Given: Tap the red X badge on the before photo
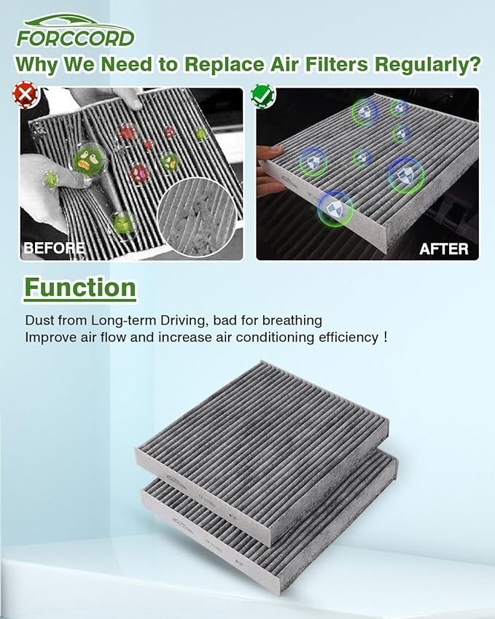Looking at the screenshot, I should click(x=26, y=94).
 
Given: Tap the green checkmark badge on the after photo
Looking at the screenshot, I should click(x=260, y=94).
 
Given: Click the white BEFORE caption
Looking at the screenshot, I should click(x=53, y=248).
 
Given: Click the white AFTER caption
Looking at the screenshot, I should click(x=443, y=249).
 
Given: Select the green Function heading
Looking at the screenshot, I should click(x=80, y=287).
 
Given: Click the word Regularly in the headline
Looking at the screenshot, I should click(x=427, y=64).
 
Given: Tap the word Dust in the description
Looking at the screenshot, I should click(x=39, y=320).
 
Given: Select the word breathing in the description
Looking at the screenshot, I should click(x=292, y=321).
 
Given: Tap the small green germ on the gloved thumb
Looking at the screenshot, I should click(x=50, y=177).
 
